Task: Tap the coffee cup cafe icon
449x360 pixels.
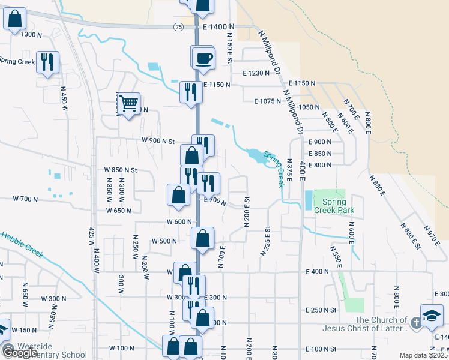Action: pos(203,58)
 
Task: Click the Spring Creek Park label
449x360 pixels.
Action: pos(339,206)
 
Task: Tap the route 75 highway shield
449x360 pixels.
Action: pos(178,27)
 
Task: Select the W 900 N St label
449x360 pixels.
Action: pos(158,141)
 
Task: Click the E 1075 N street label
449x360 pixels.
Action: pos(268,101)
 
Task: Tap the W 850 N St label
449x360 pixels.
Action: pos(121,170)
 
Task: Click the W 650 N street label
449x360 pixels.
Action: pos(119,211)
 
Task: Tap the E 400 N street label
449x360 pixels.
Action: pos(319,272)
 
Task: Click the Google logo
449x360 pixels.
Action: pos(19,352)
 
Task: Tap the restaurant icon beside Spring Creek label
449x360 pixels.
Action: pos(45,62)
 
